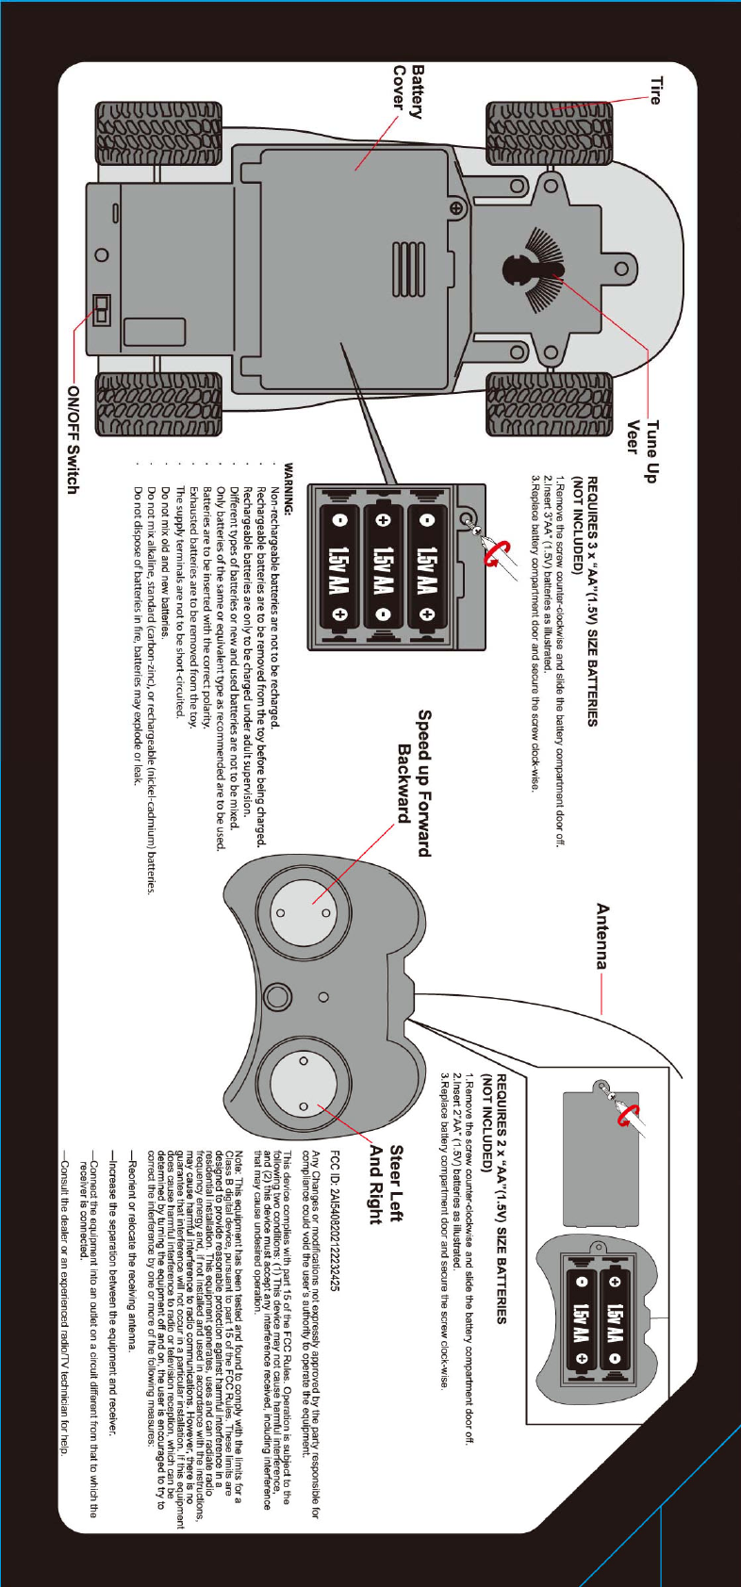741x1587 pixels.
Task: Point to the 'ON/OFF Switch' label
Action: point(72,438)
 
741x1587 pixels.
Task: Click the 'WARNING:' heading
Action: point(289,491)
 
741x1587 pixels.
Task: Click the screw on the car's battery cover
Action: point(456,208)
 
